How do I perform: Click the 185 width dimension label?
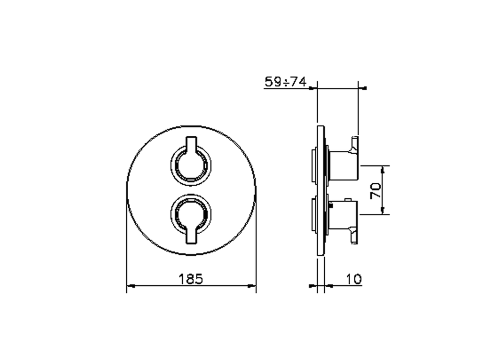pyautogui.click(x=190, y=279)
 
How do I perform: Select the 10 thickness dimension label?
pyautogui.click(x=354, y=279)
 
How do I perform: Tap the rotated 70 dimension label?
pyautogui.click(x=376, y=190)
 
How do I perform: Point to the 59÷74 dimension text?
pyautogui.click(x=285, y=81)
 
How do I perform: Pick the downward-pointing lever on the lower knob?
pyautogui.click(x=191, y=236)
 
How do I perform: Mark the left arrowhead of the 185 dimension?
pyautogui.click(x=130, y=286)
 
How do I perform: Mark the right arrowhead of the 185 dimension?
pyautogui.click(x=253, y=286)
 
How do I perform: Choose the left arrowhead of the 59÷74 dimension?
pyautogui.click(x=312, y=88)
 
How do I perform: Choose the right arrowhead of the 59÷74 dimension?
pyautogui.click(x=364, y=88)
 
